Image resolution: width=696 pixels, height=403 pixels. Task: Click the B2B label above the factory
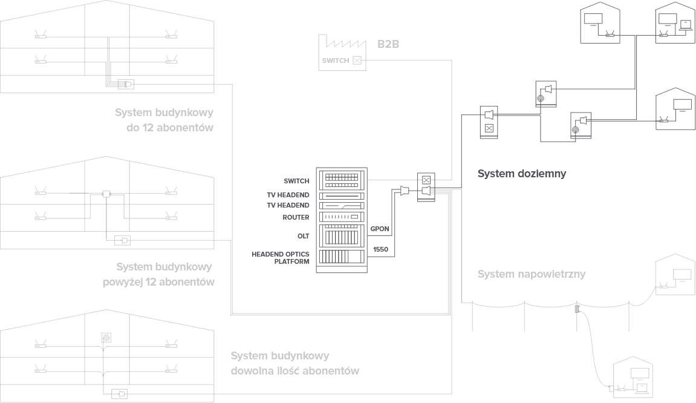point(389,44)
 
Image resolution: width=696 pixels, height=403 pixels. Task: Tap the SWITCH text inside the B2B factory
point(335,61)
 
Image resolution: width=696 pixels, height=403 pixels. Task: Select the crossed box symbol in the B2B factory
point(357,60)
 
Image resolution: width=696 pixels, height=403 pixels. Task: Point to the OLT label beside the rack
point(304,235)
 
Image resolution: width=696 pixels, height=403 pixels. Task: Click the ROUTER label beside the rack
point(296,217)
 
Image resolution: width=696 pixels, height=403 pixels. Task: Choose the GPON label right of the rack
point(380,229)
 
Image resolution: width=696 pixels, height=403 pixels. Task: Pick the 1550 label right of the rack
point(380,249)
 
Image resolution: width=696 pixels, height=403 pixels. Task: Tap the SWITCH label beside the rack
point(296,181)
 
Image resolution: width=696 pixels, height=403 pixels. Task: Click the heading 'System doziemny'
point(521,174)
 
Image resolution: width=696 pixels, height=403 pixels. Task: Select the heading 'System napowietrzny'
point(532,274)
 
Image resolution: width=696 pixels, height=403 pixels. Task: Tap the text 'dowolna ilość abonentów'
point(294,370)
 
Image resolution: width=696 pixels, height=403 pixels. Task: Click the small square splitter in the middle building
point(106,194)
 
